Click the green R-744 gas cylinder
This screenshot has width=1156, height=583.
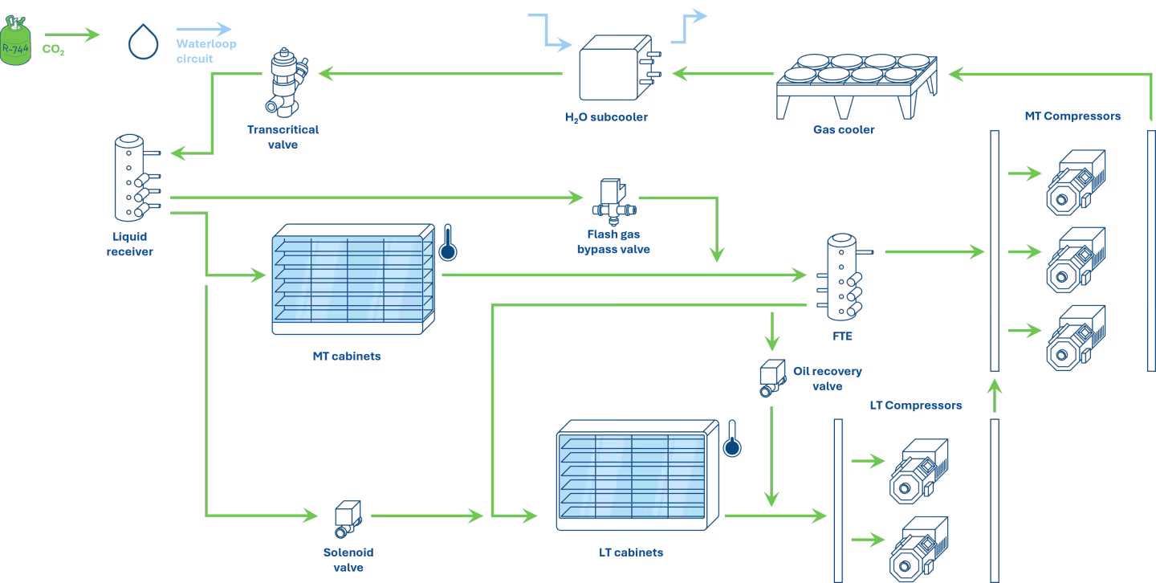click(15, 40)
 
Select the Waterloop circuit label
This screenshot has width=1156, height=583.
click(206, 51)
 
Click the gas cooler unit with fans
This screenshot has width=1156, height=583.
click(857, 86)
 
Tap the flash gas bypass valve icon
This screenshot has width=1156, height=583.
click(614, 202)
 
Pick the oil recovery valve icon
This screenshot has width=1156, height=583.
click(772, 378)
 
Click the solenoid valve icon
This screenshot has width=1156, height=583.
click(348, 519)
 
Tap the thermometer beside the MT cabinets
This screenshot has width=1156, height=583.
click(447, 243)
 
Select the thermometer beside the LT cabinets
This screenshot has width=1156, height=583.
click(732, 438)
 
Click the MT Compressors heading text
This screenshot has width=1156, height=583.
click(1073, 116)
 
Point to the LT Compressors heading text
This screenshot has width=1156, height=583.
click(915, 406)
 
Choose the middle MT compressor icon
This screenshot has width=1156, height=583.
click(1076, 260)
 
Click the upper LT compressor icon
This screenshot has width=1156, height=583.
click(918, 471)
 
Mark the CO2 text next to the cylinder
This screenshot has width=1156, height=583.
click(53, 50)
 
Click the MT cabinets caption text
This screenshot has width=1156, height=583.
click(347, 357)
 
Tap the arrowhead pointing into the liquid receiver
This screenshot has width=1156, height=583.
click(177, 153)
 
